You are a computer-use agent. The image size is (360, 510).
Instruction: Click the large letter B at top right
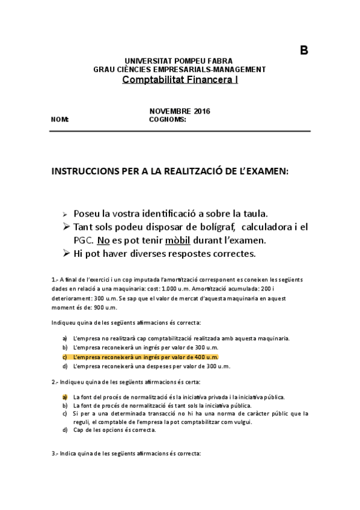[x=304, y=51]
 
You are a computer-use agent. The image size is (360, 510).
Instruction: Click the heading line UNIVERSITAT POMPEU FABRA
[x=178, y=61]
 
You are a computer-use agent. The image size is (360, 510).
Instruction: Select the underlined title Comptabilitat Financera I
[x=180, y=79]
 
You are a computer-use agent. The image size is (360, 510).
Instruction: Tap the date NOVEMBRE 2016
[x=180, y=111]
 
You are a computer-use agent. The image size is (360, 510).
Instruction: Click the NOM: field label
[x=61, y=119]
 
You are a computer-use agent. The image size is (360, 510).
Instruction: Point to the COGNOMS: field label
[x=168, y=119]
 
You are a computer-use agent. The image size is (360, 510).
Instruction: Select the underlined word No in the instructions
[x=103, y=240]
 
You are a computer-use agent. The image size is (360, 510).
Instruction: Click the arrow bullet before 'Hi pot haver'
[x=67, y=253]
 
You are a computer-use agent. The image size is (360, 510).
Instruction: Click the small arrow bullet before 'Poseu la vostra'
[x=66, y=214]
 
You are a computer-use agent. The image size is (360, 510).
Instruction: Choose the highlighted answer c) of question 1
[x=145, y=357]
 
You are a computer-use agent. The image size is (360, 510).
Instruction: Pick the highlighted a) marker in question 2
[x=65, y=397]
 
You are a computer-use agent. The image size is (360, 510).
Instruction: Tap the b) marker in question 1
[x=65, y=348]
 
